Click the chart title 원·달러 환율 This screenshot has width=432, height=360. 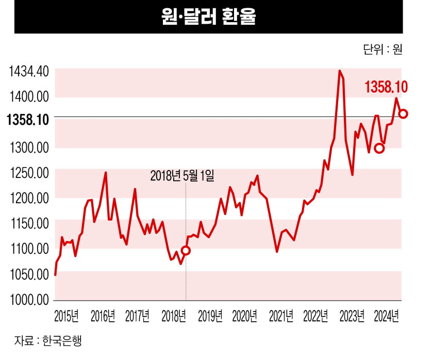click(208, 17)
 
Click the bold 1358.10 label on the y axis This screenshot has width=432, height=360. click(28, 120)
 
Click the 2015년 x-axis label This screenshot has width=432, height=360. click(67, 316)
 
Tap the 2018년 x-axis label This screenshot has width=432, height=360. click(174, 316)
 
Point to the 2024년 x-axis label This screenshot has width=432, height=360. click(387, 316)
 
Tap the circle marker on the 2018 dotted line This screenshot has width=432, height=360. click(186, 250)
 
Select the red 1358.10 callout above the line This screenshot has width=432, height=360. click(386, 87)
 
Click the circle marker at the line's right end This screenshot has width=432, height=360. click(403, 113)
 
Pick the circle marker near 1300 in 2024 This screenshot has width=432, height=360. click(379, 149)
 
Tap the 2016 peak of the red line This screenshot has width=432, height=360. click(106, 172)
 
